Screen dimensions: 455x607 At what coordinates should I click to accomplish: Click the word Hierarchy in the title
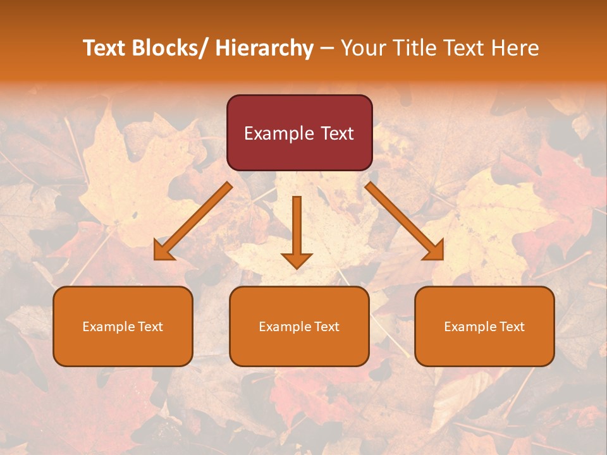[264, 48]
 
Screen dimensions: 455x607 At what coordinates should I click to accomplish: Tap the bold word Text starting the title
[104, 48]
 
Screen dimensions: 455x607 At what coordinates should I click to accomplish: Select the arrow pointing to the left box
[193, 221]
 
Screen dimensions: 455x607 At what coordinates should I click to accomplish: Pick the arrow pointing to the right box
[405, 221]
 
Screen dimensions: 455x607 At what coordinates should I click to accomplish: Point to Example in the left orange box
[109, 327]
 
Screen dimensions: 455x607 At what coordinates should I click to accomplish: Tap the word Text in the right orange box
[511, 327]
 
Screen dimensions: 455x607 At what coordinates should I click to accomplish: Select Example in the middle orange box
[285, 327]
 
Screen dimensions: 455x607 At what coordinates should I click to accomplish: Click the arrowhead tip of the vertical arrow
[297, 268]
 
